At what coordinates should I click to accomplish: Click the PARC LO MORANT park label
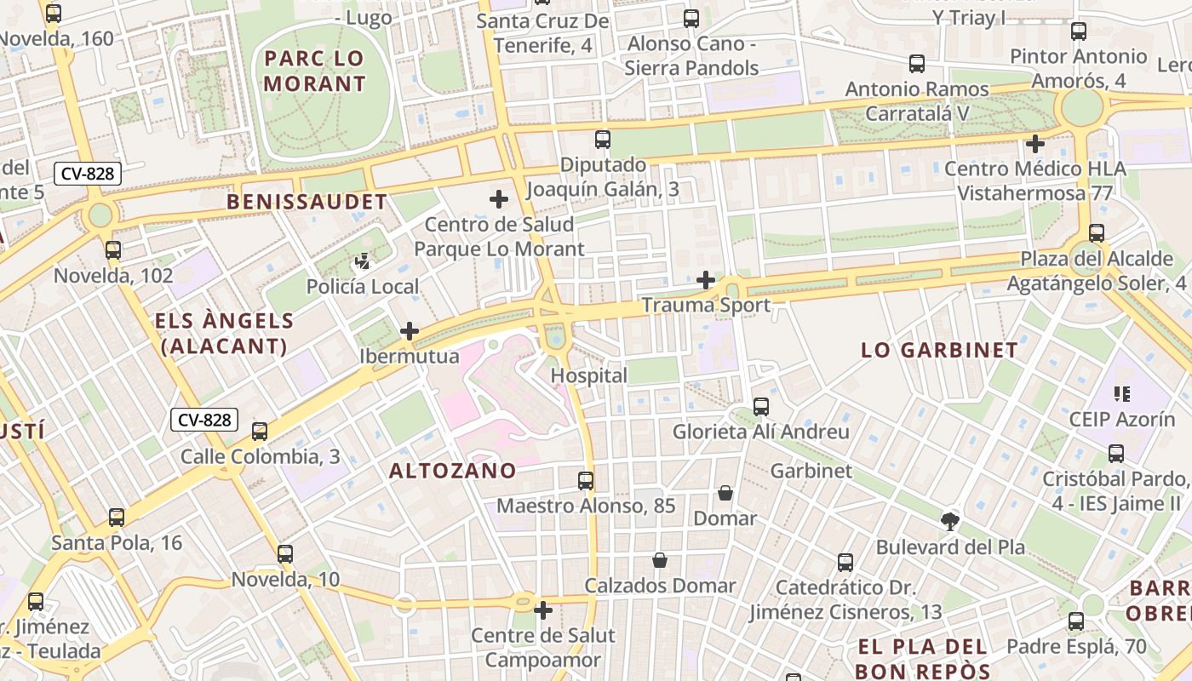pos(314,72)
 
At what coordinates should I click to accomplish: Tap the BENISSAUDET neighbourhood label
pos(307,202)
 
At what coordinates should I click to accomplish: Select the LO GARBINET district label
pos(939,350)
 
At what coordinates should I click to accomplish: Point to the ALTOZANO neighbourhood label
pos(452,471)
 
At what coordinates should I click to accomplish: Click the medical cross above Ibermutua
pos(410,331)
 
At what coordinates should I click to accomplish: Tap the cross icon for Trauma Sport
pos(706,279)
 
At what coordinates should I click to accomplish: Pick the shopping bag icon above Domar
pos(725,493)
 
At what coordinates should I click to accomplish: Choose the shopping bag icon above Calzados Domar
pos(660,560)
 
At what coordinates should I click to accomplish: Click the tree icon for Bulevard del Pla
pos(950,521)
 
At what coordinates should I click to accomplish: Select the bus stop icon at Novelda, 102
pos(113,250)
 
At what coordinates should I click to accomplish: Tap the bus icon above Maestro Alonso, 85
pos(586,481)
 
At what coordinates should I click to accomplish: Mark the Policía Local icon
pos(364,261)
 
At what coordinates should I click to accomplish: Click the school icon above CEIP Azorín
pos(1121,394)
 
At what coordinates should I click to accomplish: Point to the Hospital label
pos(588,375)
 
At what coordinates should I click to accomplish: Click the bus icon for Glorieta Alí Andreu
pos(761,407)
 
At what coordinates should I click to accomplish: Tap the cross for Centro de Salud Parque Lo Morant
pos(499,199)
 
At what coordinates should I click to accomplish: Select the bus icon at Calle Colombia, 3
pos(260,432)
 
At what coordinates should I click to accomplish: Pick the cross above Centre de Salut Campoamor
pos(543,610)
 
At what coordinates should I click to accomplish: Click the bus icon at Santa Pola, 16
pos(117,518)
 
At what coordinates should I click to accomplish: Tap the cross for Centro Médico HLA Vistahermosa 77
pos(1034,143)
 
